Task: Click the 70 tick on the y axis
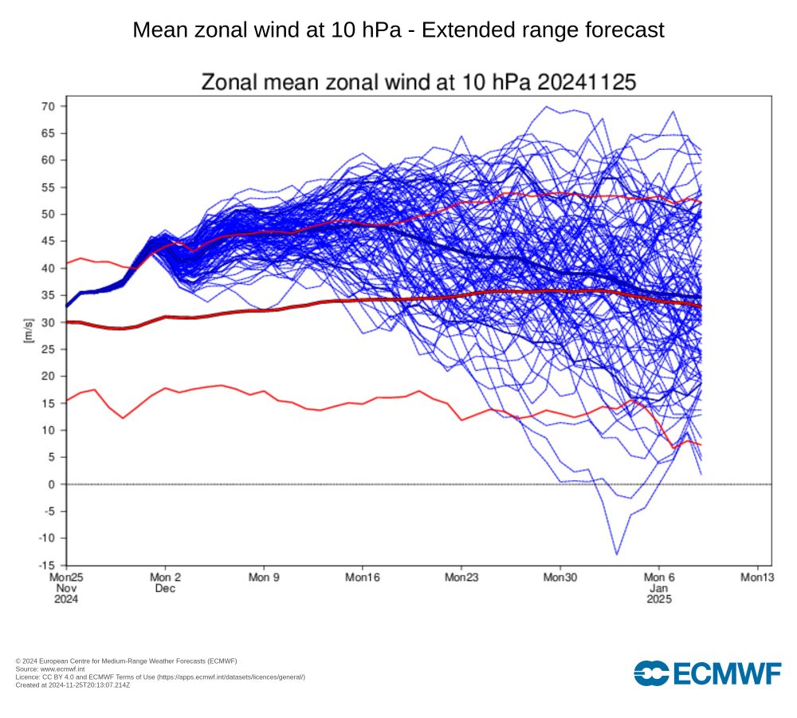[x=48, y=106]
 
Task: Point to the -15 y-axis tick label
[x=46, y=565]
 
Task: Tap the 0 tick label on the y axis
[x=51, y=484]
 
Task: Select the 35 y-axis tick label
[x=48, y=295]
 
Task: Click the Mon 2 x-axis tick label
[x=165, y=577]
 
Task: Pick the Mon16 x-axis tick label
[x=362, y=577]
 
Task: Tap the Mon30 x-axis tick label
[x=559, y=577]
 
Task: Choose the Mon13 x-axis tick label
[x=756, y=577]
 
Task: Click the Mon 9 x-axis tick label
[x=264, y=577]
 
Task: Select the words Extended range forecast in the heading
[x=543, y=30]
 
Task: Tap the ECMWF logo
[x=708, y=673]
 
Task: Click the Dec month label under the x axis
[x=165, y=588]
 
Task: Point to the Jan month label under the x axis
[x=658, y=588]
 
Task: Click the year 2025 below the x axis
[x=658, y=599]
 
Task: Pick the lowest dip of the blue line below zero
[x=616, y=554]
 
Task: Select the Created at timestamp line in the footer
[x=73, y=684]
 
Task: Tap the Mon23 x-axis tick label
[x=461, y=577]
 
